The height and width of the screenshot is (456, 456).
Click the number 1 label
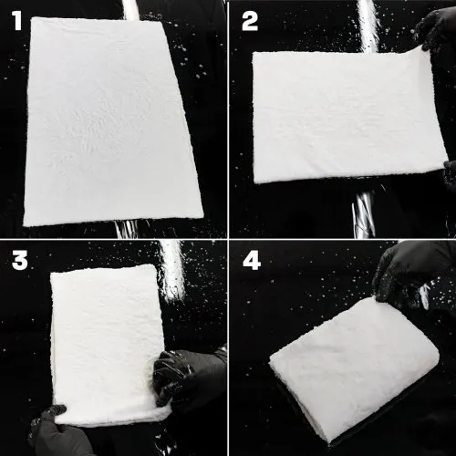click(x=17, y=21)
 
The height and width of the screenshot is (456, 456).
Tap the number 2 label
click(x=250, y=21)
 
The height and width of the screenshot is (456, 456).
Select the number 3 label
click(x=20, y=261)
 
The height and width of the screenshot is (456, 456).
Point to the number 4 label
click(x=252, y=260)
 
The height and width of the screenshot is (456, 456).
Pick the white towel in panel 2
click(x=349, y=117)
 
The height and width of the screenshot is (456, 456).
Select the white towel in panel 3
click(x=108, y=344)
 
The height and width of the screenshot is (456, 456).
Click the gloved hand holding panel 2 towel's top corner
click(x=436, y=29)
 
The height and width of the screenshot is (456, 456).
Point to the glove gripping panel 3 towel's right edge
click(x=189, y=377)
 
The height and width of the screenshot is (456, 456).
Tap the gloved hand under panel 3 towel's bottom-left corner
click(x=57, y=431)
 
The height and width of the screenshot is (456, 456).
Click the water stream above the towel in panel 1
click(x=131, y=10)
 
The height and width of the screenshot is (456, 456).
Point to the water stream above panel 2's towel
click(x=368, y=26)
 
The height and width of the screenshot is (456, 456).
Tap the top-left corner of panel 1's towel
click(x=33, y=18)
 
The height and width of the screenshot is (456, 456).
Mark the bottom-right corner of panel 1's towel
click(x=202, y=216)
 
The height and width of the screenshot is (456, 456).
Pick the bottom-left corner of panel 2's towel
click(x=255, y=182)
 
